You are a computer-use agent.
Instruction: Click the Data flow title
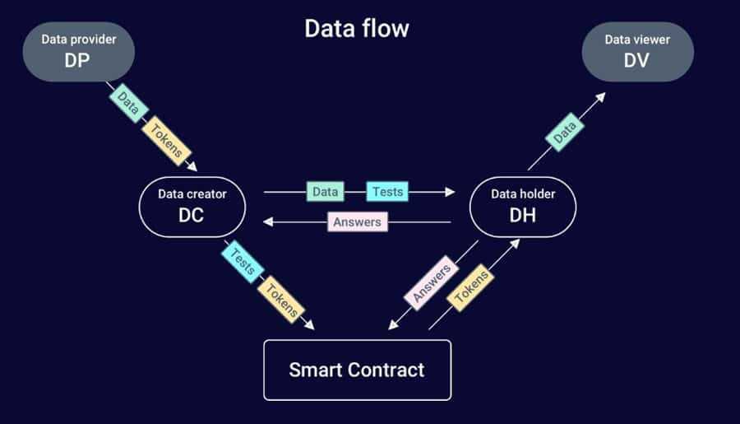[x=357, y=28]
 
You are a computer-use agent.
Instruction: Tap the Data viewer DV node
[x=637, y=51]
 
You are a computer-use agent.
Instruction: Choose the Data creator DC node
[x=192, y=206]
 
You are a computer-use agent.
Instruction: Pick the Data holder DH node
[x=523, y=206]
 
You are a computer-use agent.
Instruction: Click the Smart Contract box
[x=357, y=370]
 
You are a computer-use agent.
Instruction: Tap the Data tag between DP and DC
[x=127, y=102]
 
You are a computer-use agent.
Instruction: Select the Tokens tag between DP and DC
[x=167, y=142]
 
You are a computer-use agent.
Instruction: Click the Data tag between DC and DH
[x=326, y=192]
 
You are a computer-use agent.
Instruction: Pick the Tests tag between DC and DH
[x=387, y=192]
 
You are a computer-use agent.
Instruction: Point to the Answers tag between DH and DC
[x=357, y=221]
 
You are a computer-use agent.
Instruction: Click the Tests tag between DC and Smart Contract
[x=243, y=261]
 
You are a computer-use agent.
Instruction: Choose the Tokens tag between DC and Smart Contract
[x=281, y=300]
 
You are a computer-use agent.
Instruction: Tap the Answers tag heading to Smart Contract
[x=429, y=282]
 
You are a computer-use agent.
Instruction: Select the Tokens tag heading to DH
[x=472, y=287]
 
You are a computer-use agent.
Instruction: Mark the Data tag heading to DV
[x=564, y=132]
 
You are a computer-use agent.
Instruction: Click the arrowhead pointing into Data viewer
[x=601, y=96]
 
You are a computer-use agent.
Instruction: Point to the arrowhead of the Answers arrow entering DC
[x=266, y=222]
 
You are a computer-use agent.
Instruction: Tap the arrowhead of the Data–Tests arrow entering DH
[x=450, y=192]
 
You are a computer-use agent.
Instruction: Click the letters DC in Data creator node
[x=191, y=215]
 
